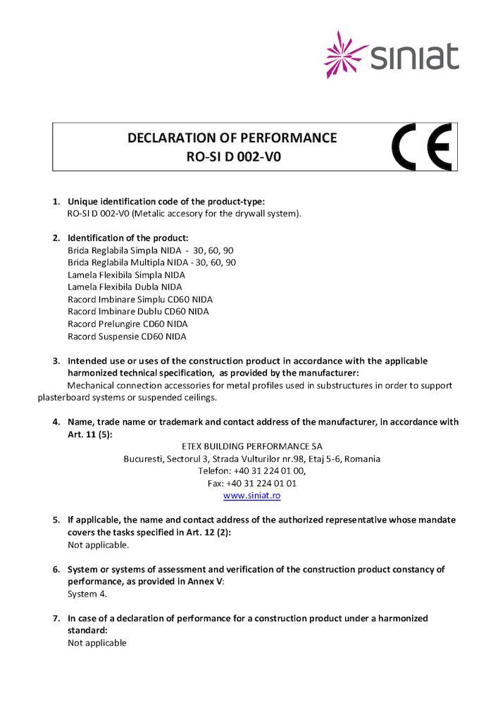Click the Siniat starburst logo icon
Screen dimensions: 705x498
[x=346, y=54]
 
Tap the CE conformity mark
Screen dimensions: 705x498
[x=421, y=147]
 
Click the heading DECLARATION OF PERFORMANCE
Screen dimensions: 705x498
[x=232, y=138]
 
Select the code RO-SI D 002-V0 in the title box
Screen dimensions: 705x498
[x=233, y=157]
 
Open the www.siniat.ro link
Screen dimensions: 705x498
[x=251, y=496]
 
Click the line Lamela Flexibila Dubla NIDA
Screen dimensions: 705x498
[x=125, y=287]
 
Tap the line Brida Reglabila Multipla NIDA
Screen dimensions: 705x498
[x=151, y=262]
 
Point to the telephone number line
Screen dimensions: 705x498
[x=251, y=471]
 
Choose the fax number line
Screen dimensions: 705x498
[x=251, y=484]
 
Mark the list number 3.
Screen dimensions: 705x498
[x=56, y=361]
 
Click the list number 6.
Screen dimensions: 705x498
[x=56, y=569]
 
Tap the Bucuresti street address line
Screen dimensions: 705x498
[x=251, y=459]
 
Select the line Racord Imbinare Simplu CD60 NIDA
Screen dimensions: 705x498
[x=139, y=299]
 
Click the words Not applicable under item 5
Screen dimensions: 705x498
[x=98, y=545]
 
